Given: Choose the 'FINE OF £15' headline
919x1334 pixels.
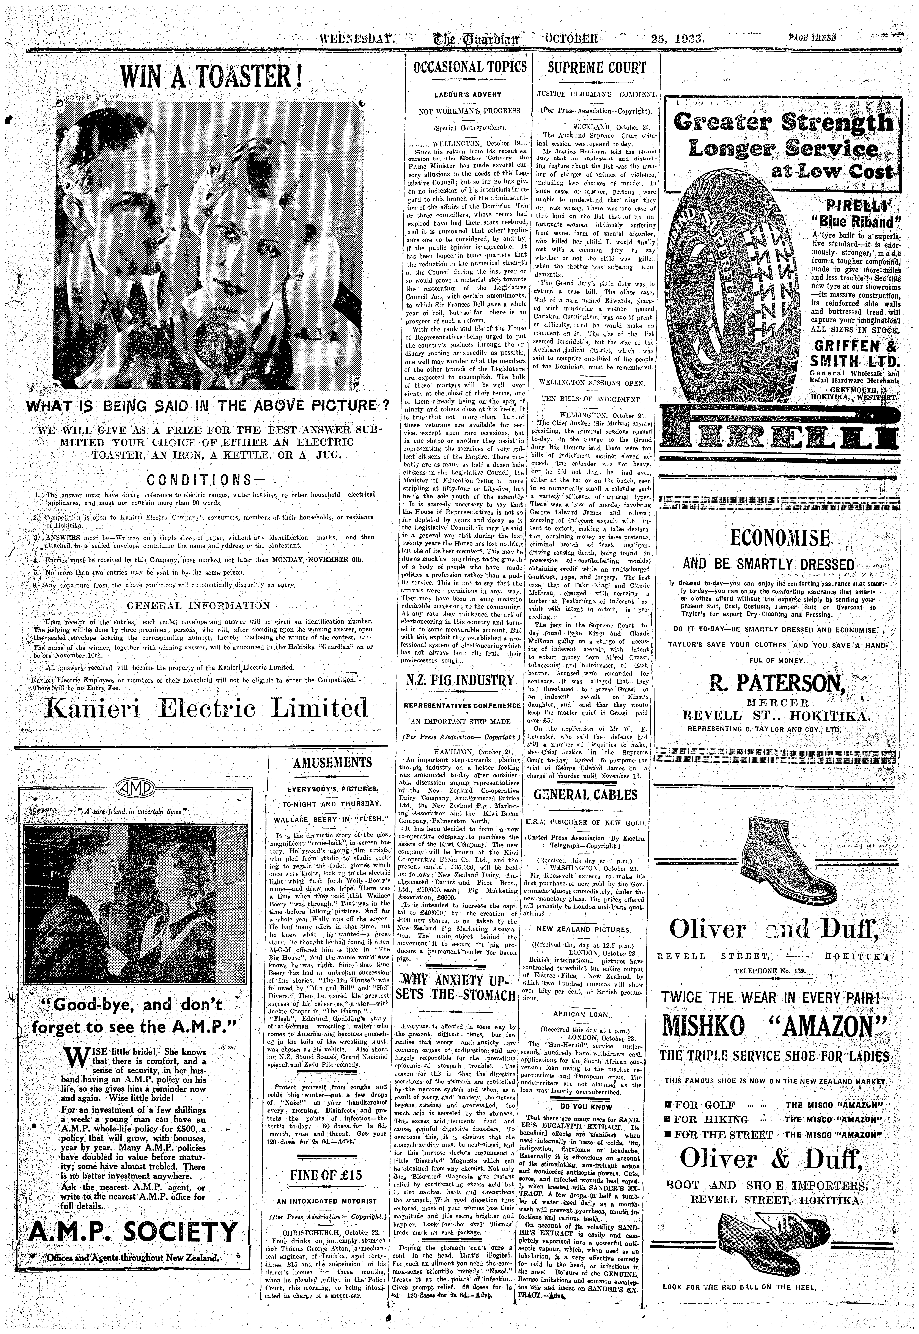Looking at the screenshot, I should coord(326,1172).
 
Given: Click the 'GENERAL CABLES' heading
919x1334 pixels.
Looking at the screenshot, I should coord(586,795).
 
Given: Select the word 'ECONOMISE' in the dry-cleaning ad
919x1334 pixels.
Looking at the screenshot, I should coord(780,539).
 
